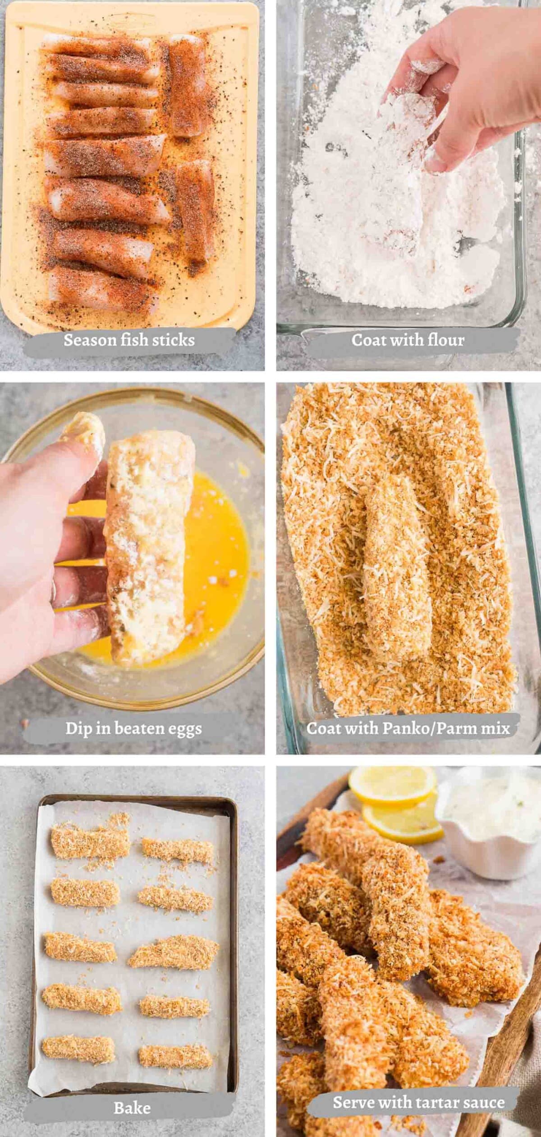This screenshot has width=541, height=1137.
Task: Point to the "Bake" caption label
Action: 132,1105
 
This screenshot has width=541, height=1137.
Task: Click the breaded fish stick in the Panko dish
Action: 397,564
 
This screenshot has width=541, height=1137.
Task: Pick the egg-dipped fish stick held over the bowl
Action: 149,541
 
